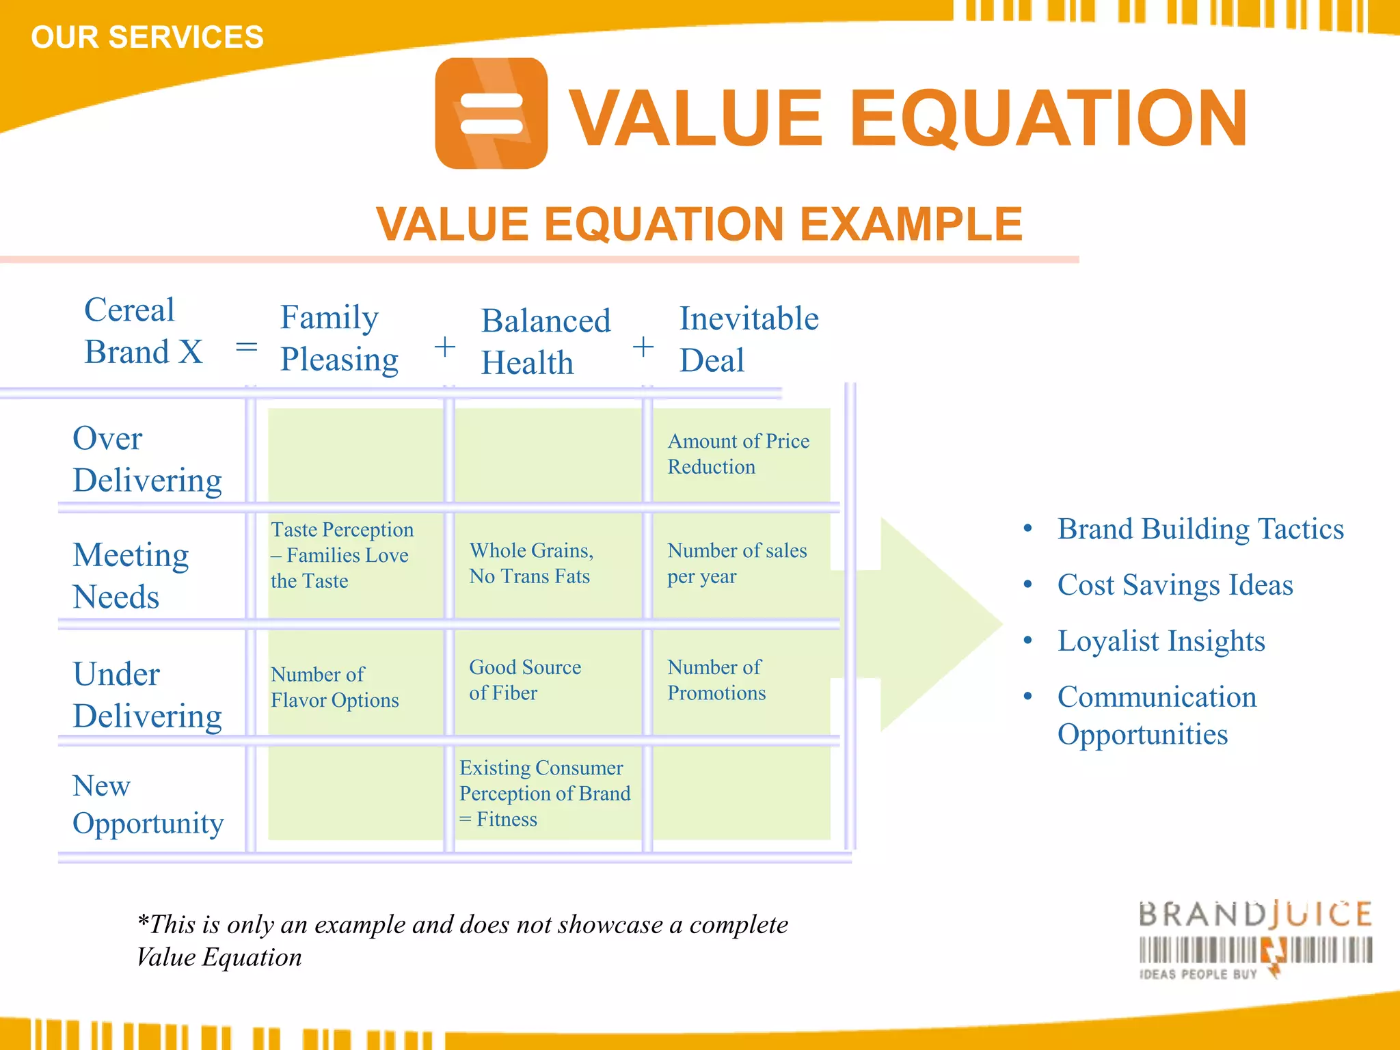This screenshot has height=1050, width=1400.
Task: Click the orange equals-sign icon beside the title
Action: click(491, 113)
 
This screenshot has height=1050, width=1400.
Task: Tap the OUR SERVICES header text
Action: click(147, 37)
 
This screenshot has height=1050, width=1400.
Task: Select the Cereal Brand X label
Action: click(143, 331)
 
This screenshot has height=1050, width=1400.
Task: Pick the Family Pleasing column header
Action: click(339, 338)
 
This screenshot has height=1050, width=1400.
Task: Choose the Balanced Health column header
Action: click(546, 341)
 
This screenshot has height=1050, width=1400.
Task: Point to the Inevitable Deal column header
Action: click(749, 339)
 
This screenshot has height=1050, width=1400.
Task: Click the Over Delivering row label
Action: click(147, 459)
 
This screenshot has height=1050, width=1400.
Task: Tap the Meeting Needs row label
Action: click(131, 576)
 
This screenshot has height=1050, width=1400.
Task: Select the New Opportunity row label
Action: click(148, 805)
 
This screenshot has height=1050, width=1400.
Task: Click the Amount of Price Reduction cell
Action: click(738, 454)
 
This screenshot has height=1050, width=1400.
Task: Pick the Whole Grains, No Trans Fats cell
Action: click(531, 563)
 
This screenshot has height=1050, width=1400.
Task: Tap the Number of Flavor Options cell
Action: click(334, 687)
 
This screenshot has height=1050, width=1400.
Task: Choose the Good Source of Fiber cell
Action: click(525, 679)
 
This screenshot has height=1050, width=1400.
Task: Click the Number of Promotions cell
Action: click(716, 679)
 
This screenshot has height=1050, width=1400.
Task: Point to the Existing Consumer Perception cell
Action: click(544, 793)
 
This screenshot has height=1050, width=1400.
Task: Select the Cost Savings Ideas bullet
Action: click(1174, 585)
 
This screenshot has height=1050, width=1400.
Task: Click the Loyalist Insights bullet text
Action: click(1161, 641)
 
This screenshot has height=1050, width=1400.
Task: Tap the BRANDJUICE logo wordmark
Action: click(1255, 915)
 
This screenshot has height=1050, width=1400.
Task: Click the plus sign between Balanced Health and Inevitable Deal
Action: click(643, 347)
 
